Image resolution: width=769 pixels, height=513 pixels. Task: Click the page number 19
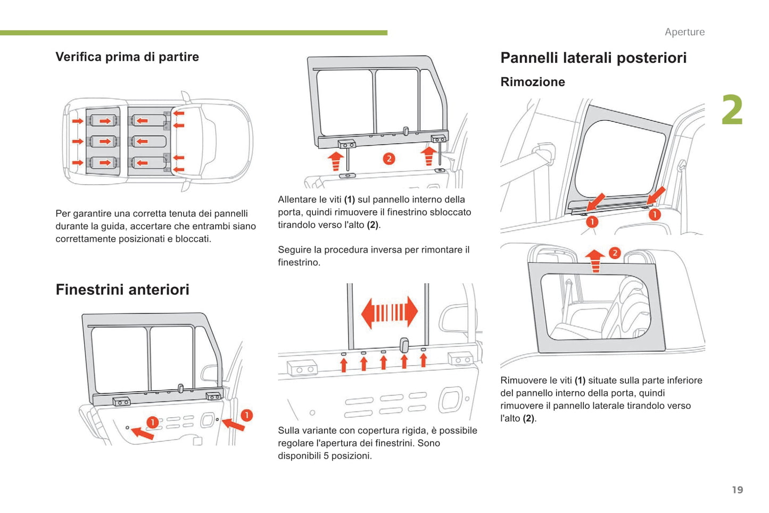coord(737,490)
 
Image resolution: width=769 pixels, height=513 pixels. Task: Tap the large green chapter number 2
coord(732,111)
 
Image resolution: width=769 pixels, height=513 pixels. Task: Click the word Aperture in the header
coord(684,32)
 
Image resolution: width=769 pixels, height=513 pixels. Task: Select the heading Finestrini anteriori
coord(122,289)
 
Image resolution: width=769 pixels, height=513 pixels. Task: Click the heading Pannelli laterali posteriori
coord(593,57)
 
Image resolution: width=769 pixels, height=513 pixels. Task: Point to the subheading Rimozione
coord(533,82)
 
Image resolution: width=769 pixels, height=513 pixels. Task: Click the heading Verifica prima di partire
coord(127,57)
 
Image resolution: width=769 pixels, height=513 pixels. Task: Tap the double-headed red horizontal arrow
coord(389,312)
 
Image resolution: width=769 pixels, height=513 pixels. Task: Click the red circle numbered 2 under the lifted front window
coord(389,159)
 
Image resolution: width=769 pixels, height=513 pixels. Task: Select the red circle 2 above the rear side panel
coord(615,253)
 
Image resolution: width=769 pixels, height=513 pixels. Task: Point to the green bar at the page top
coord(194,33)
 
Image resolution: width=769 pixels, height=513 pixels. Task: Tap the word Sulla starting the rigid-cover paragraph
coord(290,431)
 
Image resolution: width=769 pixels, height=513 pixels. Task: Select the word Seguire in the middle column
coord(294,250)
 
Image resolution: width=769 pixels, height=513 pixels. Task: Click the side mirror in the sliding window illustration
coord(453,321)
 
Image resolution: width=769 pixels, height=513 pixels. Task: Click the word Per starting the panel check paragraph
coord(63,213)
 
